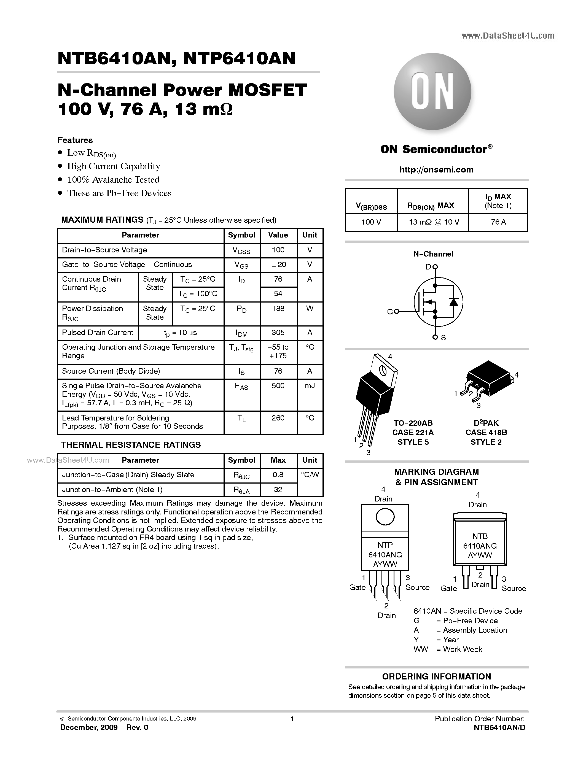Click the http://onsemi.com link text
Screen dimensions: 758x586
436,170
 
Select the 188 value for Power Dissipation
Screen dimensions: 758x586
278,309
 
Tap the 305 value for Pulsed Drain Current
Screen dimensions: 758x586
278,333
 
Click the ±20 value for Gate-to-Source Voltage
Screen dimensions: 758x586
278,265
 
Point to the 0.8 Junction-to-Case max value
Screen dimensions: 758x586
278,474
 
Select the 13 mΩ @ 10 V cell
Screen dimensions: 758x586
434,222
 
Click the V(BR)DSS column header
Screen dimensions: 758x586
371,207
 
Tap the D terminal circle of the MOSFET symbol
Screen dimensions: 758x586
435,267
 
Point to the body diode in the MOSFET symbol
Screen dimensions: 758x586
453,302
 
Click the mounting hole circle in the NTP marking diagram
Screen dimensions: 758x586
385,517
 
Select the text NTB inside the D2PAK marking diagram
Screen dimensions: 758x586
480,536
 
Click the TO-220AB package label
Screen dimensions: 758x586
413,423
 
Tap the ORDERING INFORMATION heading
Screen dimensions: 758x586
436,676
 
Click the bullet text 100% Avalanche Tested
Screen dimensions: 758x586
113,180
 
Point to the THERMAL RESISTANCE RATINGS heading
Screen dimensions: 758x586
131,445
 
